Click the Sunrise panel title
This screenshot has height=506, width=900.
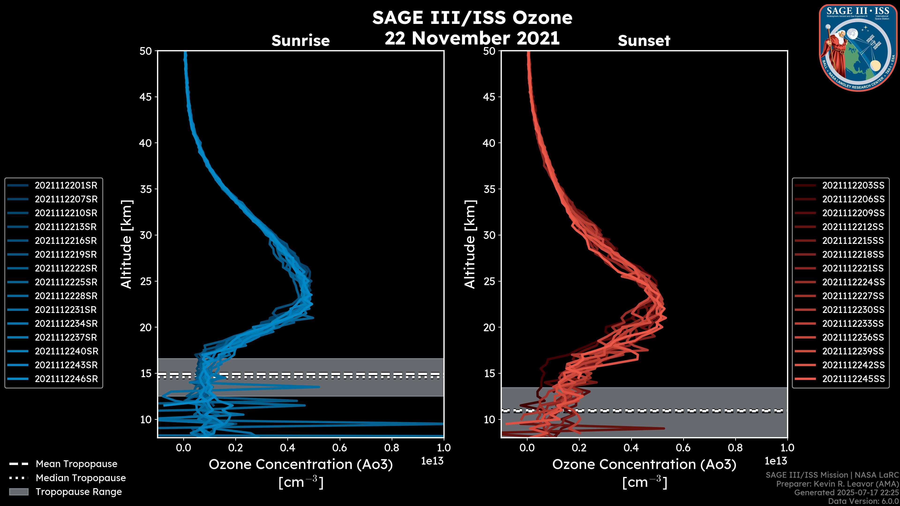300,41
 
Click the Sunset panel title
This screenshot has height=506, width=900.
644,41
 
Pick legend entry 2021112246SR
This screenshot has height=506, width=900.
66,379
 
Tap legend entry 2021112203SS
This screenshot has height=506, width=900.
853,186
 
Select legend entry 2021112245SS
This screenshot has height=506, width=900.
853,379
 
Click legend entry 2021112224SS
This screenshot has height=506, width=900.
853,282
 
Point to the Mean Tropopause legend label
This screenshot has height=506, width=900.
76,464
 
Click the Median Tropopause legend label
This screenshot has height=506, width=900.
81,478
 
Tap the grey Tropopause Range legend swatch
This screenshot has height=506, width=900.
19,492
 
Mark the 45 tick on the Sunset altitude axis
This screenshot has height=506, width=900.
489,97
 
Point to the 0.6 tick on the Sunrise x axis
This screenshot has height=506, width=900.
340,448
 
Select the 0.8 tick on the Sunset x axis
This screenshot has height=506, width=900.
735,448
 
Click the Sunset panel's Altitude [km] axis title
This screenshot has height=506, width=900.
470,244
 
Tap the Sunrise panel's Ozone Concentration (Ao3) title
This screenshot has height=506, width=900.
300,465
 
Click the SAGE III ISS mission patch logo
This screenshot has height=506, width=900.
858,48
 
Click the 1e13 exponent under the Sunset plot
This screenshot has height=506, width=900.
776,461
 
